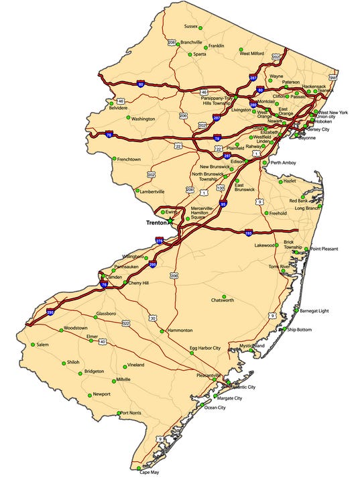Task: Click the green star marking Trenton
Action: [170, 221]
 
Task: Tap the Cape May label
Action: [149, 472]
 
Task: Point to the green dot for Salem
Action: [32, 345]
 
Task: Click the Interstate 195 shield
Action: [248, 233]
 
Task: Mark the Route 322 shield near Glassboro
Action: [125, 323]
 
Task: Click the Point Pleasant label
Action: [324, 249]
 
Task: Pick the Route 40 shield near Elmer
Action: [103, 341]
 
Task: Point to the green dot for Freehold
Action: [266, 213]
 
